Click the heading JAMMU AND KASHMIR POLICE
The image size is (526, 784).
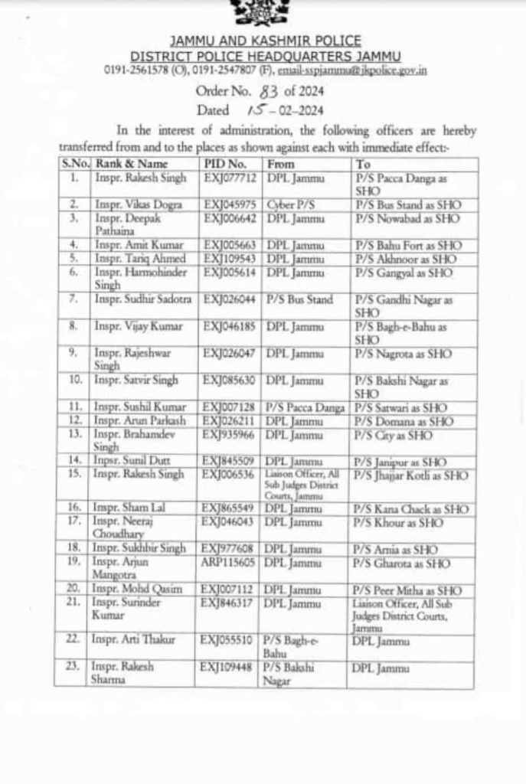coord(265,40)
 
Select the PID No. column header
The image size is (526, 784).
coord(225,165)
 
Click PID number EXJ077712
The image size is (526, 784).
coord(228,178)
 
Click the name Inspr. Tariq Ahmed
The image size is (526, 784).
coord(136,258)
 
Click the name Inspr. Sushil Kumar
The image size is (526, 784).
coord(136,408)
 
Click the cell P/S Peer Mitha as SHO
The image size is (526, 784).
coord(407,590)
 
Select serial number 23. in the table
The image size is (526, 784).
coord(74,666)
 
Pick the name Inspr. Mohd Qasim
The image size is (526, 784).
coord(134,590)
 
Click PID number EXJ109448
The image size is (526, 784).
coord(229,666)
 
